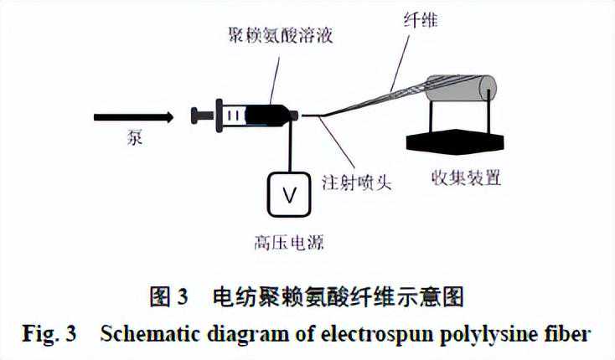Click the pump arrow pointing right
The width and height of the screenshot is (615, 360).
click(x=133, y=117)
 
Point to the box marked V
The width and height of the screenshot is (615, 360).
click(x=290, y=195)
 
